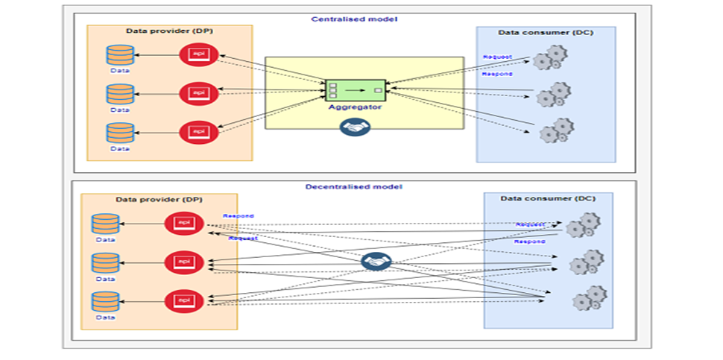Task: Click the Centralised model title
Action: [x=354, y=18]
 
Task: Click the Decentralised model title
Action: [x=354, y=186]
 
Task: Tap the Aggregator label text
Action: [x=355, y=107]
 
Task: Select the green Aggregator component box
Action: [x=355, y=90]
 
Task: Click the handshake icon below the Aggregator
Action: [x=355, y=127]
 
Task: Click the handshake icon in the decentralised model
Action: [x=376, y=262]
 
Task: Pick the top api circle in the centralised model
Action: [x=198, y=54]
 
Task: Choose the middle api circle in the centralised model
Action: [x=198, y=93]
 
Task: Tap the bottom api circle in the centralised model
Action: [x=198, y=132]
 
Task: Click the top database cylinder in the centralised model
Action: [x=120, y=55]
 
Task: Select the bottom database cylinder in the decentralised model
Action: [x=105, y=302]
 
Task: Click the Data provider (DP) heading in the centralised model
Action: [x=169, y=31]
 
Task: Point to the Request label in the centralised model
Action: [x=497, y=57]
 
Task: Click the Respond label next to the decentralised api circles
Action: [x=239, y=216]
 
